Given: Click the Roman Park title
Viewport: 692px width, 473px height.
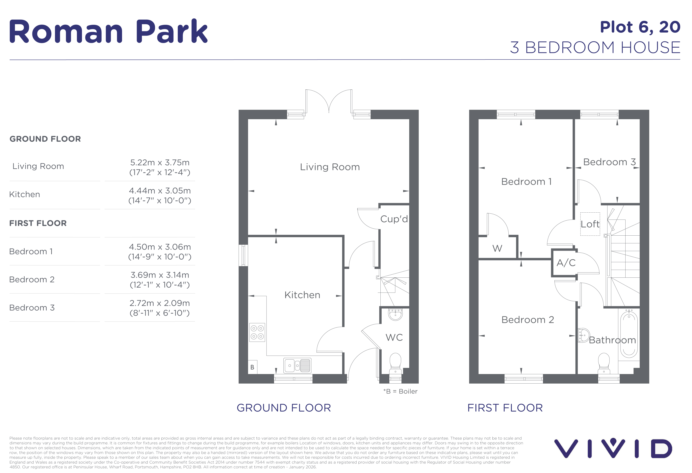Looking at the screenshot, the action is (x=108, y=32).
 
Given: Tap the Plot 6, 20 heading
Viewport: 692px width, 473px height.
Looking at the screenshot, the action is (x=640, y=27).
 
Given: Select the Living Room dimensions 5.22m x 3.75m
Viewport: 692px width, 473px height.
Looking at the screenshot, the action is (x=160, y=162).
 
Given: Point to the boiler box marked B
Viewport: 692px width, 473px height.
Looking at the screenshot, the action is (x=252, y=367).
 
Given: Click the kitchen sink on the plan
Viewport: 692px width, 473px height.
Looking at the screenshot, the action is (x=297, y=365).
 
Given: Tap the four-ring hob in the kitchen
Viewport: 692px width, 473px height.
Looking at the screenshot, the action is (x=257, y=332).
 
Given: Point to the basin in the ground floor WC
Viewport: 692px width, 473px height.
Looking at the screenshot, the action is (x=396, y=315).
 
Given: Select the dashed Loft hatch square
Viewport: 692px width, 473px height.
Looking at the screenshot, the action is (x=590, y=224).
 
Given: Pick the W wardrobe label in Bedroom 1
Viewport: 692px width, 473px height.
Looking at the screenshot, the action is (x=497, y=248).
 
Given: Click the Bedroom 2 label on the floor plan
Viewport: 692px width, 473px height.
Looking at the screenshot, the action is (x=528, y=320).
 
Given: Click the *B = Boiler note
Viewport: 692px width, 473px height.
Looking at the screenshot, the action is (x=400, y=391).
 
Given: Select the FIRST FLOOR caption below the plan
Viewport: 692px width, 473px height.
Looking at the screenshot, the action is (x=505, y=408).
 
